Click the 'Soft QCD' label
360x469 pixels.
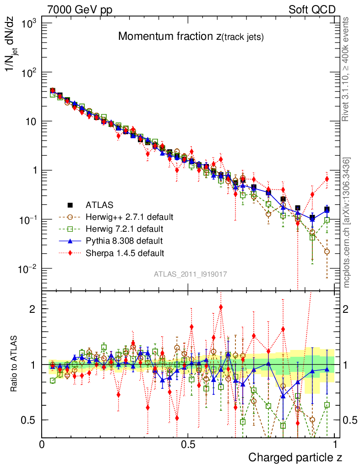click(312, 9)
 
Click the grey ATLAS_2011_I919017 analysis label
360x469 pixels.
click(190, 274)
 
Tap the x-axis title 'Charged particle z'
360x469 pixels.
click(295, 457)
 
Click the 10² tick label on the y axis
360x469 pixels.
click(28, 72)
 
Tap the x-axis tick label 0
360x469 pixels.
click(42, 444)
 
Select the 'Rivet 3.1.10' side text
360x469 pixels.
click(347, 69)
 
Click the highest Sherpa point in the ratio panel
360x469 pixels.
click(221, 307)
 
